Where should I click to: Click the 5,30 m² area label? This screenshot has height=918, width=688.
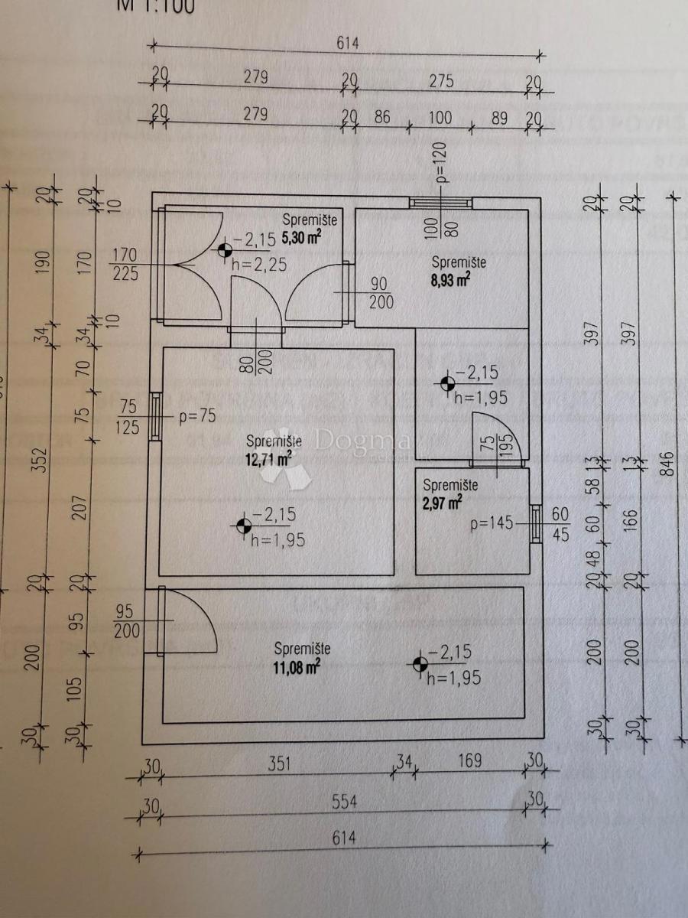point(301,238)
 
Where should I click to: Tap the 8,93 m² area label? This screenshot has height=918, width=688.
point(451,280)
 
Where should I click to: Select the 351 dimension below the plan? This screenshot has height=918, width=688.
point(279,762)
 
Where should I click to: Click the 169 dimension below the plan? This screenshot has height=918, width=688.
point(470,762)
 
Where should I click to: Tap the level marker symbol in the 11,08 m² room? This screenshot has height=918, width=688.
point(420,665)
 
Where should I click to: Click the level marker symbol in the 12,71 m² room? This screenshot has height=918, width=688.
point(244,526)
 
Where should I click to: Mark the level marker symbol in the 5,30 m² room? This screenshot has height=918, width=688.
point(224,249)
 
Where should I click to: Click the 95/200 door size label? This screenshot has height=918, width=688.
point(127,621)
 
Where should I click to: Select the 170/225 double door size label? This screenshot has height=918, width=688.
point(126,262)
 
